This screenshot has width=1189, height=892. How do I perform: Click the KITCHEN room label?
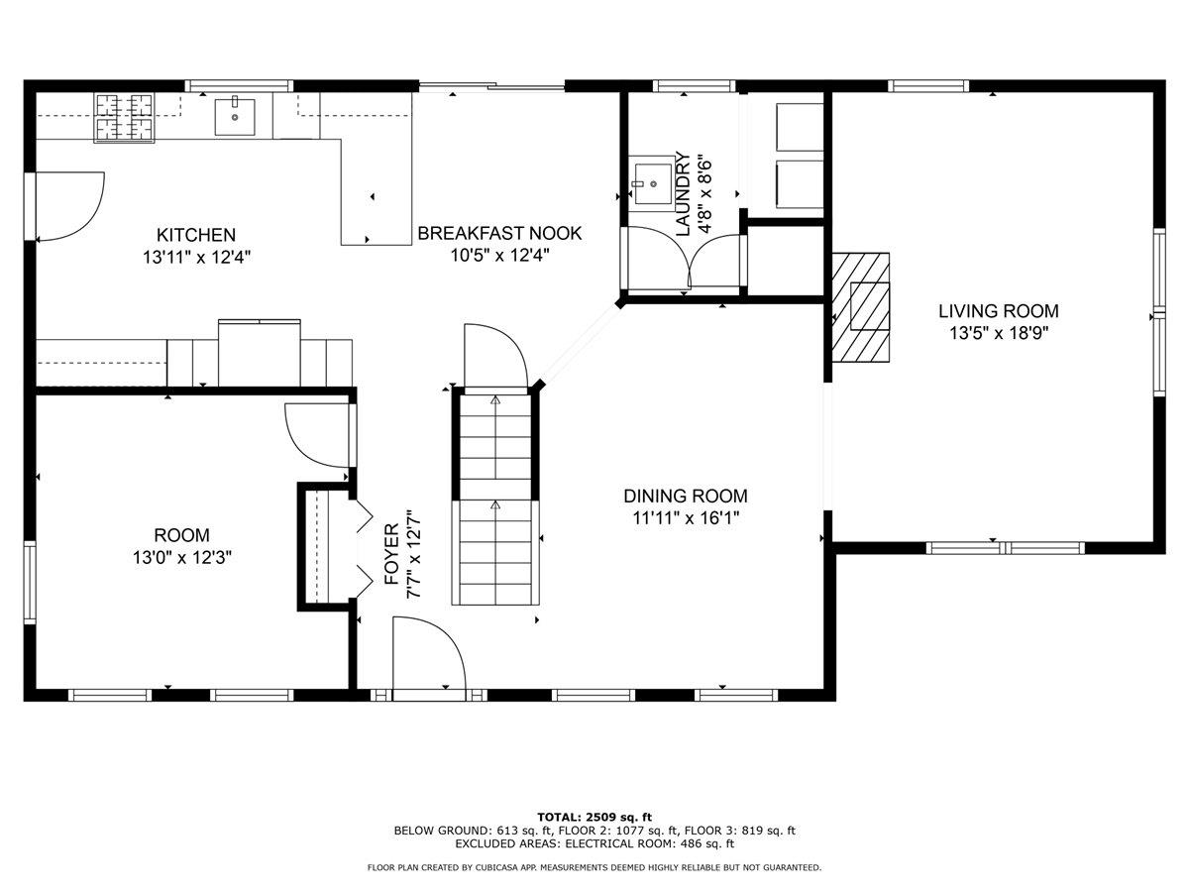point(196,235)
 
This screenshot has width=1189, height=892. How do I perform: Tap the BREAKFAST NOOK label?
point(499,234)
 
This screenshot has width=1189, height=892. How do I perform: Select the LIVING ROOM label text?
point(999,311)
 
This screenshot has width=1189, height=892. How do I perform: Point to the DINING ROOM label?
point(686,497)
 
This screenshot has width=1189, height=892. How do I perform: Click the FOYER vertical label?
point(392,554)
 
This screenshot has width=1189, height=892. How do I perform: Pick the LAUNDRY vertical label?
point(684,194)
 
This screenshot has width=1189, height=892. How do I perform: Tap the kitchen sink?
point(235,117)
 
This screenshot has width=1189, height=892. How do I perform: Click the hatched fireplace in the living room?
point(861,307)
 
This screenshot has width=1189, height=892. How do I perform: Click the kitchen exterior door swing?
point(69,206)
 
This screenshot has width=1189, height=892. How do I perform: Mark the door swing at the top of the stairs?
point(496,356)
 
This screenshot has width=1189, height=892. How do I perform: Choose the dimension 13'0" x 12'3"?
point(182,557)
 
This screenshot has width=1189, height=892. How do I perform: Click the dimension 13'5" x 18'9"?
point(999,333)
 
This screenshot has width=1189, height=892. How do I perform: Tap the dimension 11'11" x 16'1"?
point(686,518)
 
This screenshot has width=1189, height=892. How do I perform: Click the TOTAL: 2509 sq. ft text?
point(594,818)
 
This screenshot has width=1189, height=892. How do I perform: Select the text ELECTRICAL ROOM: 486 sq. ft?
point(650,843)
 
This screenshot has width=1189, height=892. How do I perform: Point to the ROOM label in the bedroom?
point(181,535)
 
